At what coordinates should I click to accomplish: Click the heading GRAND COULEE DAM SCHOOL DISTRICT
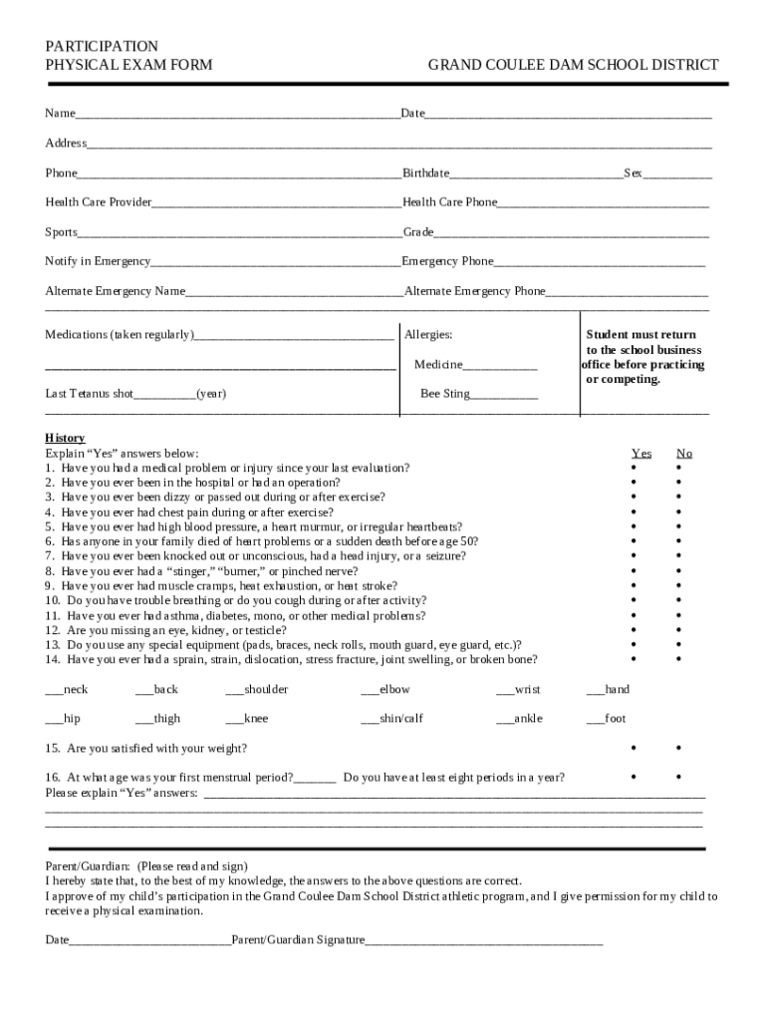coord(573,65)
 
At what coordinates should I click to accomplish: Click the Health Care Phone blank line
coord(603,204)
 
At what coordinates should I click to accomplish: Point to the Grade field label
coord(417,232)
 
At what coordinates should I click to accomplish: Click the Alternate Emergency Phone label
coord(474,291)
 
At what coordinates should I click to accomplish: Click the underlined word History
coord(65,438)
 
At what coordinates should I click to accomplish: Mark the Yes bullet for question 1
coord(633,468)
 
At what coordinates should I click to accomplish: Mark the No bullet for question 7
coord(679,555)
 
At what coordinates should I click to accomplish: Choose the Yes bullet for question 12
coord(633,629)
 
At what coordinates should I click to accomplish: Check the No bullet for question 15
coord(679,748)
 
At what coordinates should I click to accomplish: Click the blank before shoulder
coord(234,691)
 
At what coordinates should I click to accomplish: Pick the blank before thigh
coord(144,720)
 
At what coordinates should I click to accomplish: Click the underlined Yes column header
coord(641,454)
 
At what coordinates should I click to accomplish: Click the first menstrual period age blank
coord(315,779)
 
